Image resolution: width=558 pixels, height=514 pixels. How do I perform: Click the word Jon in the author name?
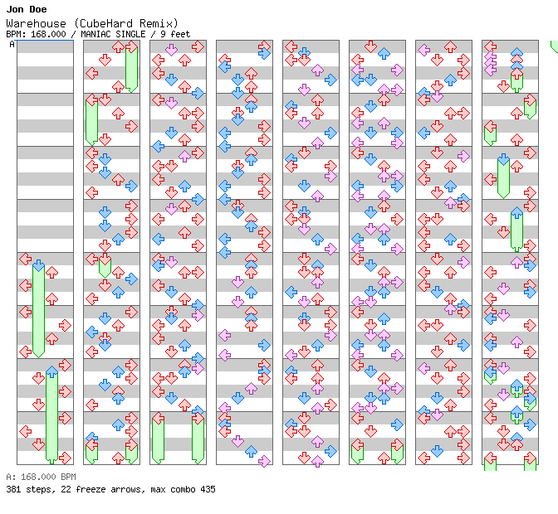[14, 9]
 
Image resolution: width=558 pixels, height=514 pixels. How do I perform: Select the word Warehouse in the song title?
[32, 23]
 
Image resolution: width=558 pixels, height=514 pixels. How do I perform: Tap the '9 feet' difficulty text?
[173, 34]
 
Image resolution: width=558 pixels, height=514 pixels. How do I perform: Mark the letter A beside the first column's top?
[12, 45]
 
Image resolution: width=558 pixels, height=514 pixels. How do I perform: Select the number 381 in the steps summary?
[12, 489]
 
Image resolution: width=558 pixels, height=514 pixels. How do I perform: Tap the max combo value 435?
[207, 489]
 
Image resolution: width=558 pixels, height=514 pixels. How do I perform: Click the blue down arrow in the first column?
[38, 266]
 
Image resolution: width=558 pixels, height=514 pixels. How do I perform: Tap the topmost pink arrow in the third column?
[171, 50]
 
